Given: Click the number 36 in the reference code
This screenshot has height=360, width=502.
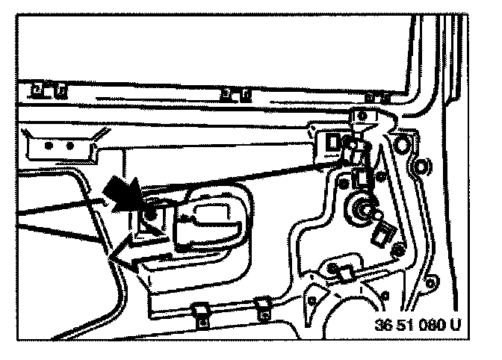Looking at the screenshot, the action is [383, 326].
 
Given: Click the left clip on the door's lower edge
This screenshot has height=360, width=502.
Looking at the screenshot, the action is [199, 311].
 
